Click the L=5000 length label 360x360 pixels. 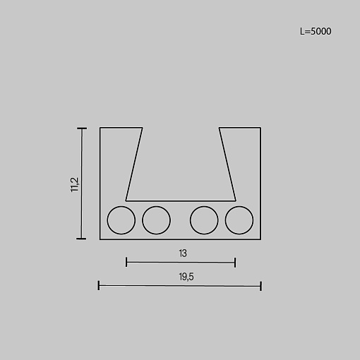coord(316,31)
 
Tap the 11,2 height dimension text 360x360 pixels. coord(75,184)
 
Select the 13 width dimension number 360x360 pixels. coord(183,253)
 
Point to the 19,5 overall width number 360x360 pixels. coord(186,277)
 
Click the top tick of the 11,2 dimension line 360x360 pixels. coord(82,128)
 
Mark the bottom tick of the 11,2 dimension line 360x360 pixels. coord(81,239)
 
